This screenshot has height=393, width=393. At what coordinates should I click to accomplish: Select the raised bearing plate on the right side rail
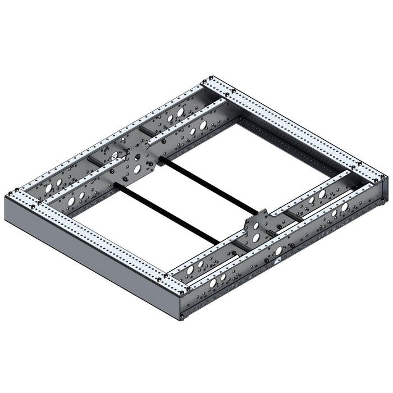[x=257, y=226]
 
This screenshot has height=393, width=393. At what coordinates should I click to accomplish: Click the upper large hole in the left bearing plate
[x=137, y=153]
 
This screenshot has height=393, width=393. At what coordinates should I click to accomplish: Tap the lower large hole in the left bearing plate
[x=136, y=168]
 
